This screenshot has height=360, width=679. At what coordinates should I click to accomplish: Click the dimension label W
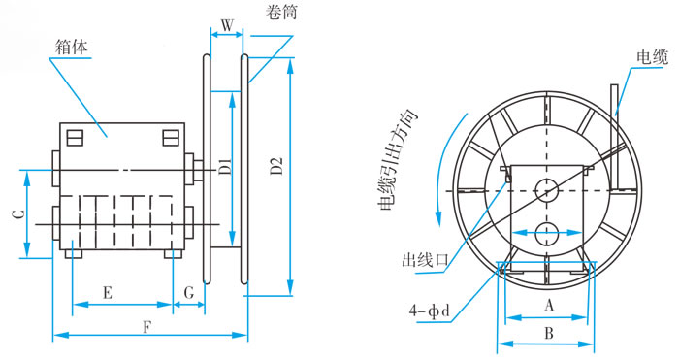(x=227, y=26)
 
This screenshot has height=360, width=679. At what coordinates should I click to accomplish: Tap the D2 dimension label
(x=276, y=166)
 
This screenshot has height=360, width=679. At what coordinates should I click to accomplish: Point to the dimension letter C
(x=18, y=214)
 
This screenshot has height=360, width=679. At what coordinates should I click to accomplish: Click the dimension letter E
(x=108, y=293)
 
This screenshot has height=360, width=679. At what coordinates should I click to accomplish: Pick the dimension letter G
(x=189, y=293)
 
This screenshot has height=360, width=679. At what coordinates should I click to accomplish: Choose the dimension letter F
(x=147, y=328)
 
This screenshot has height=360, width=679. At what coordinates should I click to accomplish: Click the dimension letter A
(x=549, y=306)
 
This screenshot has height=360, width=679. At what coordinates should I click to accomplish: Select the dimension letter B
(x=549, y=333)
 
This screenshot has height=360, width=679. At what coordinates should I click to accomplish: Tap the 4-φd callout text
(x=430, y=311)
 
